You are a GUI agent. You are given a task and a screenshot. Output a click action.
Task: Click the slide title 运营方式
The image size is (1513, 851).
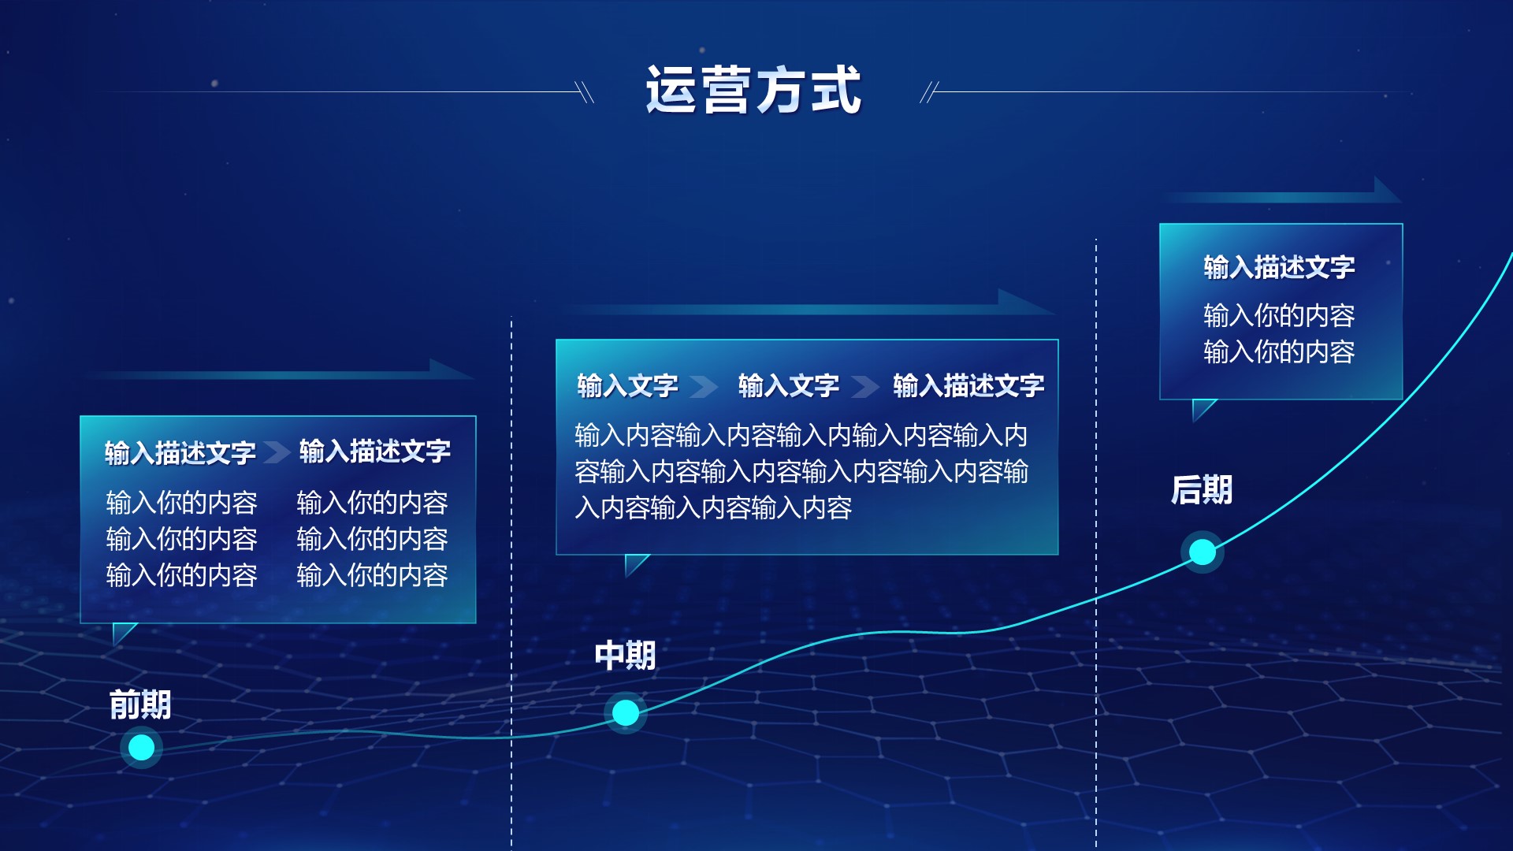pyautogui.click(x=753, y=90)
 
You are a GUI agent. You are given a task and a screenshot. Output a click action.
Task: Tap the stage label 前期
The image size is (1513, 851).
pyautogui.click(x=140, y=704)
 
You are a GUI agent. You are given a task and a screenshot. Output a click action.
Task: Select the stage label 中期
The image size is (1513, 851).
pyautogui.click(x=625, y=656)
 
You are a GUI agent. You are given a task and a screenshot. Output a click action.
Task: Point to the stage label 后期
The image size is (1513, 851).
pyautogui.click(x=1202, y=489)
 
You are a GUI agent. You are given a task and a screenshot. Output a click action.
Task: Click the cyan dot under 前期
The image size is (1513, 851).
pyautogui.click(x=142, y=747)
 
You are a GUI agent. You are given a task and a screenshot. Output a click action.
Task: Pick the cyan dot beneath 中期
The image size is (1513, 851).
pyautogui.click(x=626, y=712)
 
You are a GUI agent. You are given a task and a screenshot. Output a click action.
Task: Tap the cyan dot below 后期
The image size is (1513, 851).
pyautogui.click(x=1203, y=552)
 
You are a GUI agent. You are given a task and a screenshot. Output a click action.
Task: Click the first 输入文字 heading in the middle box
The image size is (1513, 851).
pyautogui.click(x=627, y=386)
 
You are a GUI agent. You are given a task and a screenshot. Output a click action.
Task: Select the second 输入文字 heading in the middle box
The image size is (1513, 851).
pyautogui.click(x=789, y=386)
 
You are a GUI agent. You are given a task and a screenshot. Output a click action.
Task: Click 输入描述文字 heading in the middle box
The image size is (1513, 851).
pyautogui.click(x=968, y=386)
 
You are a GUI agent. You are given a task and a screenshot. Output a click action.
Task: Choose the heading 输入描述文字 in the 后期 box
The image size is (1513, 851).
pyautogui.click(x=1279, y=268)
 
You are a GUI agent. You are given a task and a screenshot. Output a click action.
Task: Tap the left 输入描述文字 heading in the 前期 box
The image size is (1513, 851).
pyautogui.click(x=180, y=453)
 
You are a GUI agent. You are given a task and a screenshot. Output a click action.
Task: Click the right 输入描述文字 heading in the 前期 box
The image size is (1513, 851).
pyautogui.click(x=374, y=452)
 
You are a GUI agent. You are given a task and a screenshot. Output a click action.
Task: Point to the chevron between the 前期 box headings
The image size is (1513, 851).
pyautogui.click(x=277, y=452)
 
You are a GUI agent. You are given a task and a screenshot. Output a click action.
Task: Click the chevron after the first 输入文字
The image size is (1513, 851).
pyautogui.click(x=704, y=386)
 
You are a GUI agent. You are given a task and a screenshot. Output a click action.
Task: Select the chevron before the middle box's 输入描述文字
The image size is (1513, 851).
pyautogui.click(x=865, y=386)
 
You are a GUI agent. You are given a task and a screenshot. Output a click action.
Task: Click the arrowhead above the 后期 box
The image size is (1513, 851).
pyautogui.click(x=1387, y=190)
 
